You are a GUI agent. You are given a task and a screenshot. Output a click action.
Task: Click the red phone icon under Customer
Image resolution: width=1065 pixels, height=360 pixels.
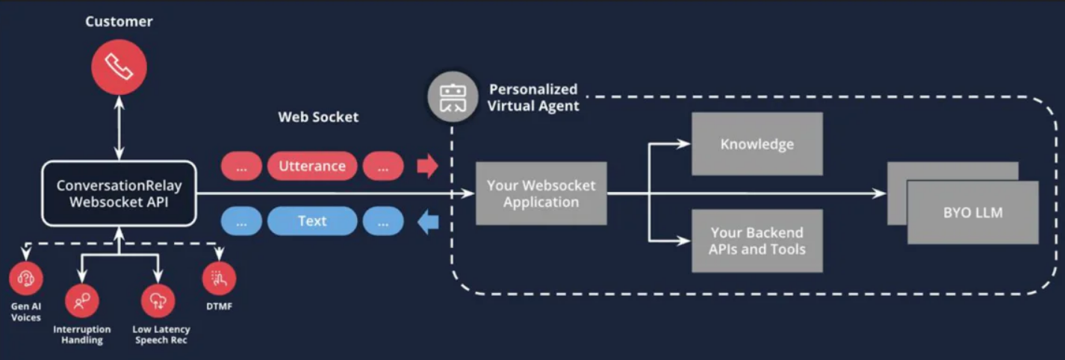119,67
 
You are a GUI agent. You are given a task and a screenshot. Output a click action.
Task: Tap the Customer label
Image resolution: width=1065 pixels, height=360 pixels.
119,22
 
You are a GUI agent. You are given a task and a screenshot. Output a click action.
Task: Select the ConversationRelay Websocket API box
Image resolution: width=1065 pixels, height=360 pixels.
119,193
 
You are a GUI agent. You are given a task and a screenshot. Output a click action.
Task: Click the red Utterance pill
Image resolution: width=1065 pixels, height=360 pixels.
312,167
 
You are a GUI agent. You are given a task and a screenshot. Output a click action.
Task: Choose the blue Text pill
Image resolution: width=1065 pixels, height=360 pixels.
312,221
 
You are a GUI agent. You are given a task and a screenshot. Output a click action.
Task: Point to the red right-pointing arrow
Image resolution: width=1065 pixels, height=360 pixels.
427,167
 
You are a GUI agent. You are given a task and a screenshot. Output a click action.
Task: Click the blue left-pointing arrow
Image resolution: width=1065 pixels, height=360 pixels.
427,222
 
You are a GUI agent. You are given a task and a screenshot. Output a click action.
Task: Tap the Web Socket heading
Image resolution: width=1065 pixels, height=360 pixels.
318,117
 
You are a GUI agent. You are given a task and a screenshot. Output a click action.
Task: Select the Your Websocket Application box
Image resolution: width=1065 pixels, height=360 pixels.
541,193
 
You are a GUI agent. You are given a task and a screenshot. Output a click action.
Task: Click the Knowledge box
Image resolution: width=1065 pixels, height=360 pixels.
757,144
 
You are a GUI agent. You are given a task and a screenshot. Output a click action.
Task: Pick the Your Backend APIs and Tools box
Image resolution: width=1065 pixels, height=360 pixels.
757,240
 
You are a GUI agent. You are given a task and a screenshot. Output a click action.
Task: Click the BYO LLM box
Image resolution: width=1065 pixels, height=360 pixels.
972,212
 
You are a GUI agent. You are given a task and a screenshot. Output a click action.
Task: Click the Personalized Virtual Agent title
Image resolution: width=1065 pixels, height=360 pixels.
532,98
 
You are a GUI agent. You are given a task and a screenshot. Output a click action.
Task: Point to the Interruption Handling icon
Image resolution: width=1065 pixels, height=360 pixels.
81,301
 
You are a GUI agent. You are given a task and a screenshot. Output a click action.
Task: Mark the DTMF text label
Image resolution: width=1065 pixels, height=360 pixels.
219,305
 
